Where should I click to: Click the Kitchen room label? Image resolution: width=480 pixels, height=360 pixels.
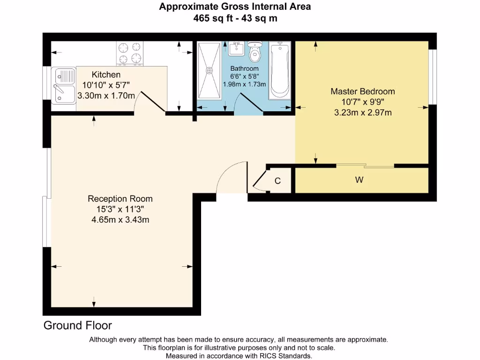(106, 75)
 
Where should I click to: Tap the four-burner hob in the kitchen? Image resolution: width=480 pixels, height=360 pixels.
(130, 52)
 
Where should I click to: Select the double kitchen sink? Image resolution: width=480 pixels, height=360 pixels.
(65, 85)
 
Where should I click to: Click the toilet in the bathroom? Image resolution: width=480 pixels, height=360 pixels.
(255, 52)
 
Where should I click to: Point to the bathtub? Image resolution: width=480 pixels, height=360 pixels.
(279, 70)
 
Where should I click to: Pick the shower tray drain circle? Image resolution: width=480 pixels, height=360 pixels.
(209, 71)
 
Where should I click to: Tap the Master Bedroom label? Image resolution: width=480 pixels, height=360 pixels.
(362, 91)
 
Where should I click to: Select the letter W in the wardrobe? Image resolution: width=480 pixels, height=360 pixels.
(360, 180)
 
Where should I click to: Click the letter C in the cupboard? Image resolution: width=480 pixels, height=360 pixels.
(277, 181)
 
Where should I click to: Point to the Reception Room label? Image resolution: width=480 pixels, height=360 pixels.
(120, 199)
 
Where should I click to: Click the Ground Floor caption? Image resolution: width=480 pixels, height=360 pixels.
(78, 325)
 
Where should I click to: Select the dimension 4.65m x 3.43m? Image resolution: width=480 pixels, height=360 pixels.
(120, 219)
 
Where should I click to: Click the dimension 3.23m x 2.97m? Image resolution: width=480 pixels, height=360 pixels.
(362, 112)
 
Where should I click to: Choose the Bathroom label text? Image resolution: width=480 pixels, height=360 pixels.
(244, 68)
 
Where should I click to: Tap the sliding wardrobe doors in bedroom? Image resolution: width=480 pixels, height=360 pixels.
(365, 165)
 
